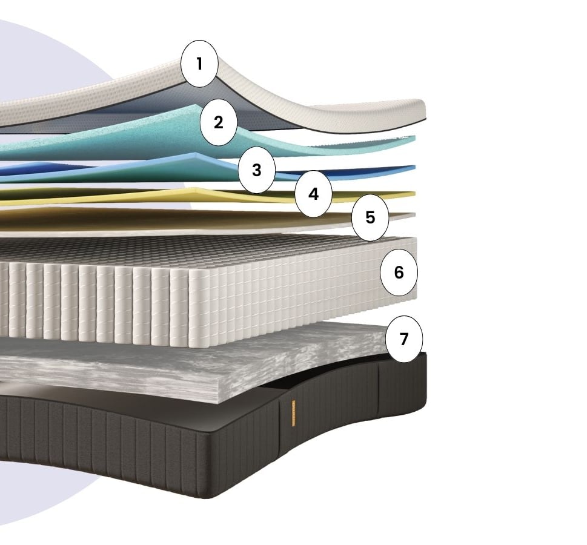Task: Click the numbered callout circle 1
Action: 199,64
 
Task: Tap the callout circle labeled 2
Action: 219,122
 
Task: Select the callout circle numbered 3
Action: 257,170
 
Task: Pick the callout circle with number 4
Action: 313,194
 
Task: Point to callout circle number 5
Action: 370,217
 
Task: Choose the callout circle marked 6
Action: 399,272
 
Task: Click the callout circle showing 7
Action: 404,339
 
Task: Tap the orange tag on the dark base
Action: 293,413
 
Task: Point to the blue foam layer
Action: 150,168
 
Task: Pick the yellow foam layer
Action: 150,196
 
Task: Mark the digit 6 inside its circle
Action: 399,272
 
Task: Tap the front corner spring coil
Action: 199,308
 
